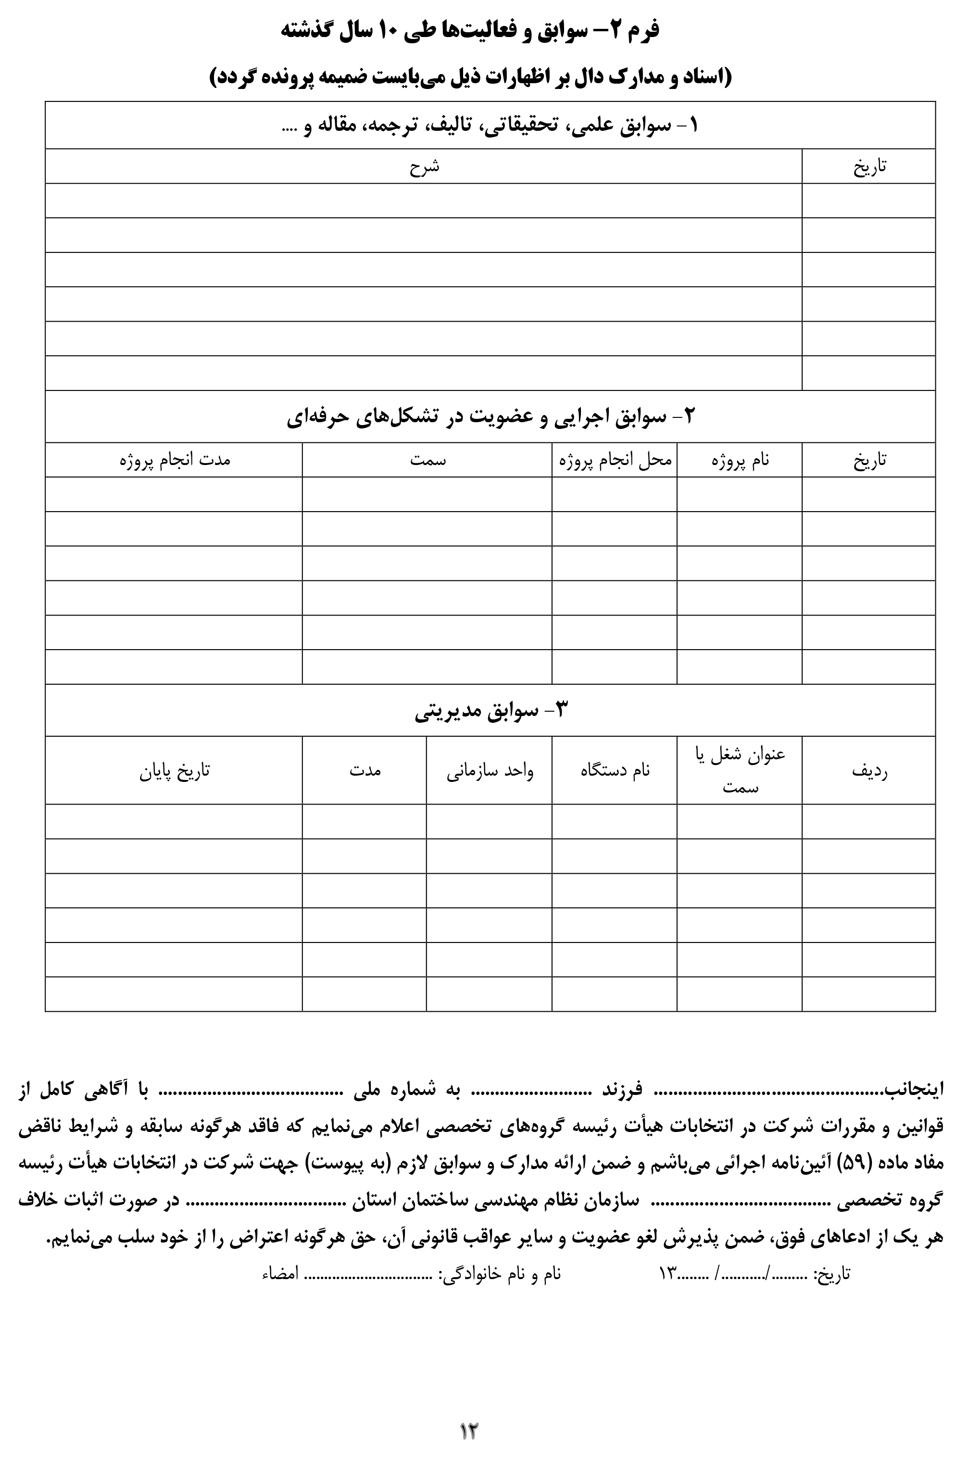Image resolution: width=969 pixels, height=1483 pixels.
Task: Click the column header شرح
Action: tap(424, 166)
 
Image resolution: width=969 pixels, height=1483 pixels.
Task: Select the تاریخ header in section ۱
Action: tap(869, 166)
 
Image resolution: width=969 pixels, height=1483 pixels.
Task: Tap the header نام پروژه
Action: tap(740, 460)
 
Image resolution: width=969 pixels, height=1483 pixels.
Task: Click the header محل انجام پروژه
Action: tap(615, 460)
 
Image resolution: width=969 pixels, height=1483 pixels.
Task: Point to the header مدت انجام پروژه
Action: tap(175, 460)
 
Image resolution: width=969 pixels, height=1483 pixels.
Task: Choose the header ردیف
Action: tap(869, 771)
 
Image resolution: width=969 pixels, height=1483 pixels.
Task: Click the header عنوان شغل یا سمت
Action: tap(740, 770)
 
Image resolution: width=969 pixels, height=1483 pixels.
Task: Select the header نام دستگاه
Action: tap(615, 771)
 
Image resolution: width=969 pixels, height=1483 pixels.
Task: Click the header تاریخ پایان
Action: tap(175, 771)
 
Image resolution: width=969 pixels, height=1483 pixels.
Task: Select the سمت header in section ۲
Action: tap(428, 460)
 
